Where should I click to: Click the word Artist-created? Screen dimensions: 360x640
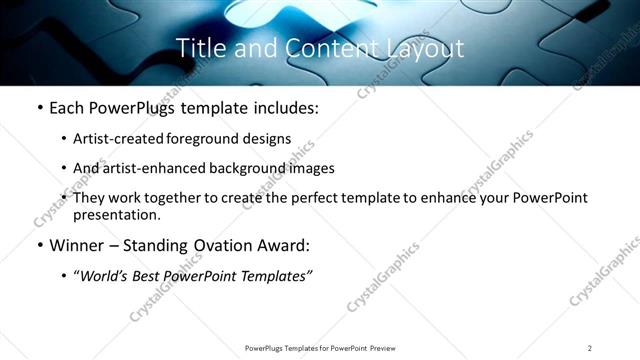tap(110, 140)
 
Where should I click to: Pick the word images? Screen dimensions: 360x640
tap(311, 169)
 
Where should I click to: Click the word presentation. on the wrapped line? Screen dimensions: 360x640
tap(116, 215)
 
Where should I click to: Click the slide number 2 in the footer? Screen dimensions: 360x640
tap(590, 348)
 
